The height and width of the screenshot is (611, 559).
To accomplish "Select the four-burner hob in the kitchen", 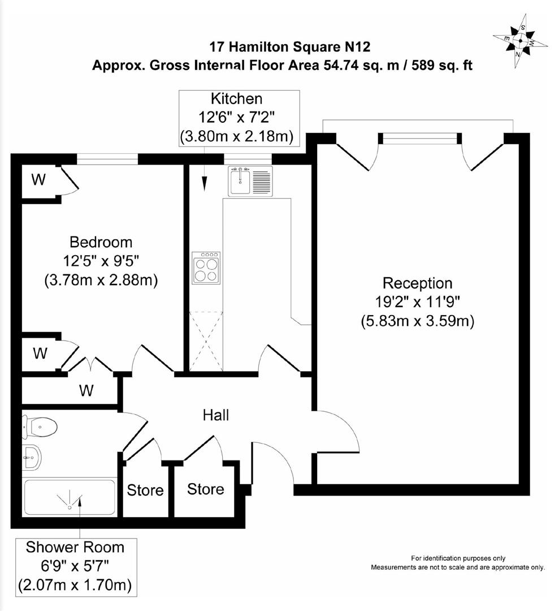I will point(206,268).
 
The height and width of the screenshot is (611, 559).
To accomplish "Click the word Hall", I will point(216,415).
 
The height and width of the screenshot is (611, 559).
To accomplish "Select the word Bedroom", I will point(101,242).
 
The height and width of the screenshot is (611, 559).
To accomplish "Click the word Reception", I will point(417,283).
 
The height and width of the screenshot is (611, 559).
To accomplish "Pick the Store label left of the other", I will point(145,490).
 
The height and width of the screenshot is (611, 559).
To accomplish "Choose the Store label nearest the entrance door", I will point(205,489).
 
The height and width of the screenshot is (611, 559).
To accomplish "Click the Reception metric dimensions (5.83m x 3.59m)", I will point(417,321).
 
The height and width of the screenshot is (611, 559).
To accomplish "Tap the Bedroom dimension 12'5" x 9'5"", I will point(101,261).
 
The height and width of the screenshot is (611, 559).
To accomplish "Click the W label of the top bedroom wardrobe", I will point(38,180).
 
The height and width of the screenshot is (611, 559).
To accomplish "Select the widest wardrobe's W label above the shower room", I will point(86,390).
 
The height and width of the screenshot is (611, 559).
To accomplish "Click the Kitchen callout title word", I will point(236,99).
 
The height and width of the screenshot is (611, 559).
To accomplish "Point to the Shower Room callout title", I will point(75,548).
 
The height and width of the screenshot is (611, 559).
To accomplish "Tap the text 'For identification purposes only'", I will point(458,558).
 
